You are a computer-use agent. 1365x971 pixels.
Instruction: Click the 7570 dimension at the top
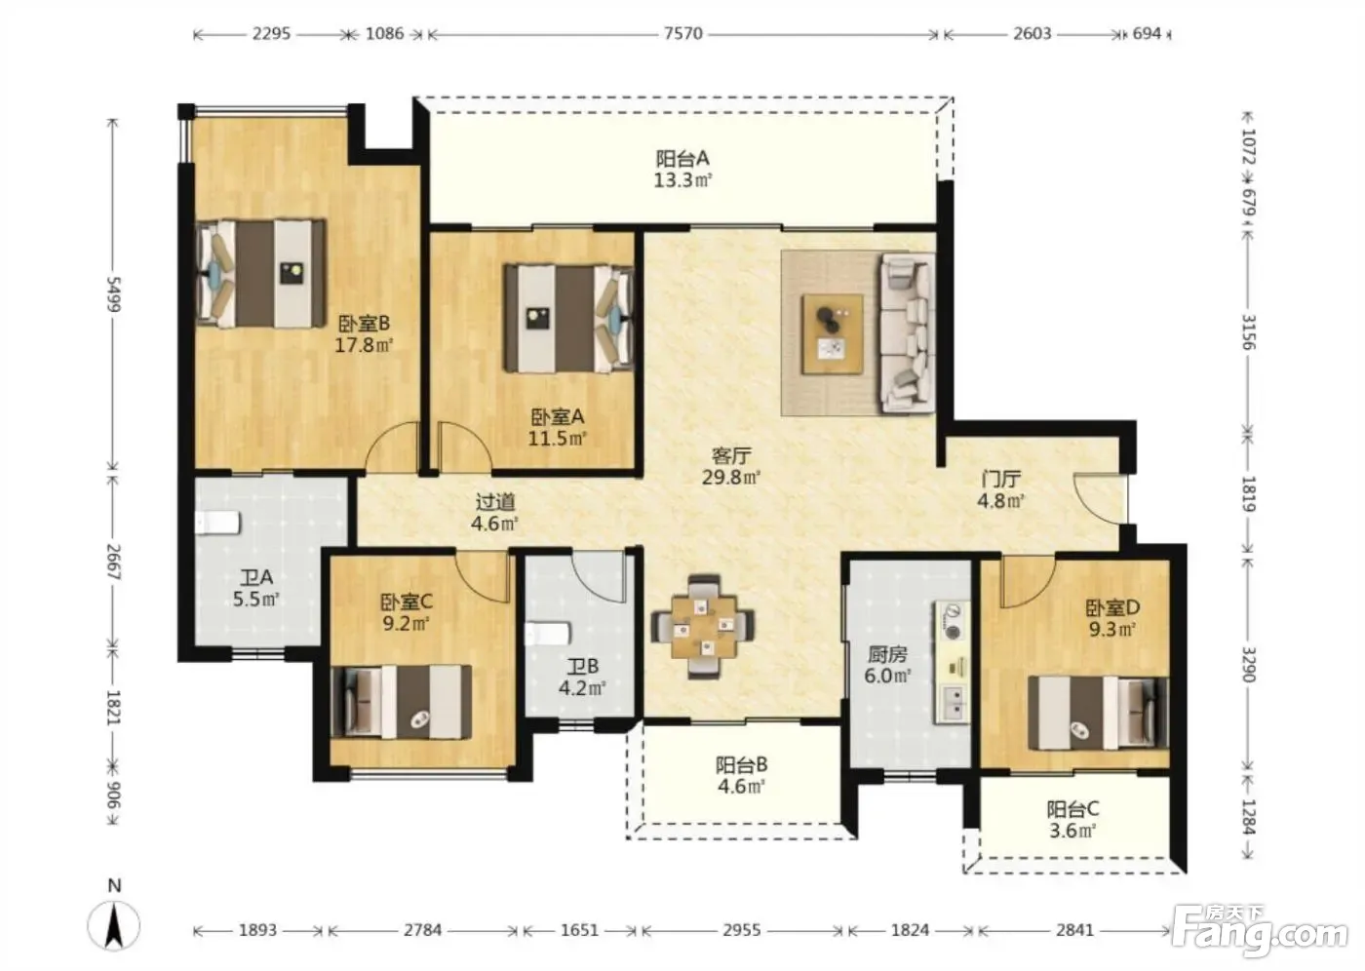(683, 33)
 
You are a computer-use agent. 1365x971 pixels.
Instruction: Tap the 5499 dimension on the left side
(114, 294)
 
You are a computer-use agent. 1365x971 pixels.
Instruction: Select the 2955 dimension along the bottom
(742, 930)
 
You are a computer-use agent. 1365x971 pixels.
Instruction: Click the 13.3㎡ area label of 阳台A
(683, 180)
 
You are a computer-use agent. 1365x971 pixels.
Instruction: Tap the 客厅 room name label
(731, 455)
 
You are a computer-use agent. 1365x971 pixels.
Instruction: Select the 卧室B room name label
(364, 323)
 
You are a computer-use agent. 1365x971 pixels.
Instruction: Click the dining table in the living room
(703, 626)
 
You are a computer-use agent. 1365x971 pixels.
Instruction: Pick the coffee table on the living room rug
(833, 333)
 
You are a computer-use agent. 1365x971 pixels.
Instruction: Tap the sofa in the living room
(908, 332)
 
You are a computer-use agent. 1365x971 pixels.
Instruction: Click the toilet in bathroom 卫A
(217, 523)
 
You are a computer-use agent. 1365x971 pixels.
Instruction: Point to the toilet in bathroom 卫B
(548, 634)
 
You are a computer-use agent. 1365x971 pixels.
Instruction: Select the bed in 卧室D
(1098, 713)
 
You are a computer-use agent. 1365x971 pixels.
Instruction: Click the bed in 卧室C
(401, 702)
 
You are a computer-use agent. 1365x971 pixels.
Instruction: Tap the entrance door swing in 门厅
(1101, 497)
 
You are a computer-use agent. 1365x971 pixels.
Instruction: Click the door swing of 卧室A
(465, 447)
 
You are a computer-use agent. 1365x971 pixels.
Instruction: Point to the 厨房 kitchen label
(888, 655)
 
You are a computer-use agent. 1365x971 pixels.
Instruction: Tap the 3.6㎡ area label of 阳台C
(1072, 831)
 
